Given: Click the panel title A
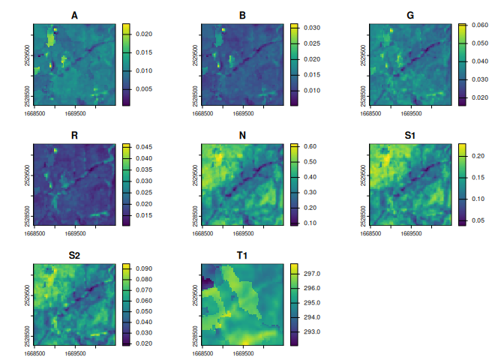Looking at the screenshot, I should point(73,16).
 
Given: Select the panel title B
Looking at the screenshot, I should point(242,16).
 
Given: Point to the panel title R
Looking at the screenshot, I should point(73,136).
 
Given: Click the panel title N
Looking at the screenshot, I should point(242,136).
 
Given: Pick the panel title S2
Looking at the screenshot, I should point(73,256).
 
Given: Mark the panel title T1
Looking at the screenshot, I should point(242,256).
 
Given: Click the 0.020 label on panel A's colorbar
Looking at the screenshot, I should point(145,34).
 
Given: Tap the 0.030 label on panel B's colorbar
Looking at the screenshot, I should point(313,28).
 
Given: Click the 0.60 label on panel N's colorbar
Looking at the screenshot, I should point(310,146).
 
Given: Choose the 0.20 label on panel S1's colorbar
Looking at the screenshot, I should point(479,155).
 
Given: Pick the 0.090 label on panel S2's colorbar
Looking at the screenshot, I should point(145,268).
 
